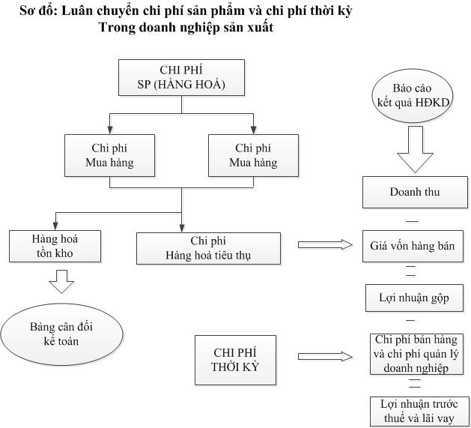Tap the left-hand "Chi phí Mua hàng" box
point(110,156)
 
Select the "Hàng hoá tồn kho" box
point(54,246)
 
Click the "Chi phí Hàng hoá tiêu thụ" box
point(208,248)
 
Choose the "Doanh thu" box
point(415,192)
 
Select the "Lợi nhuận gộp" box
point(414,298)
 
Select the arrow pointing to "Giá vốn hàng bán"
point(324,244)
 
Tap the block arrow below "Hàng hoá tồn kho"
point(61,280)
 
